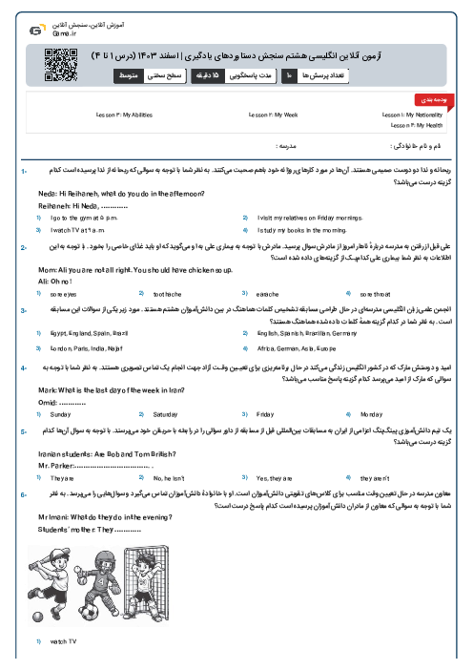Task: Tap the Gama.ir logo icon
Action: (35, 29)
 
